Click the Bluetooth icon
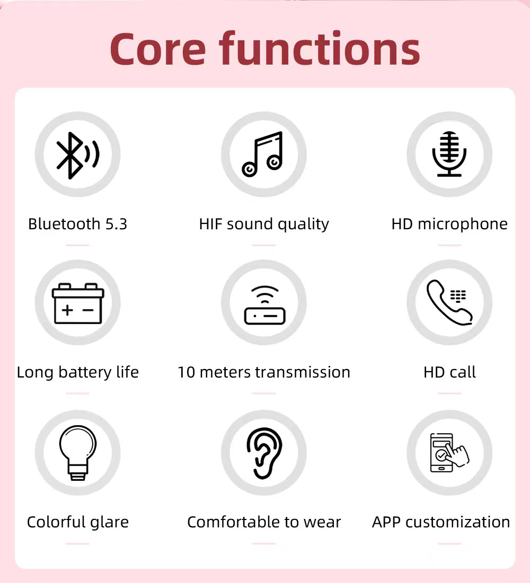coord(77,155)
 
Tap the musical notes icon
coord(263,154)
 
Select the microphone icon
coord(449,154)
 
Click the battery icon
coord(78,303)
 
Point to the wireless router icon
coord(264,306)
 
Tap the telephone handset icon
coord(449,302)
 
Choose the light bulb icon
coord(78,453)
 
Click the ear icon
coord(264,453)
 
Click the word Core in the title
coord(157,49)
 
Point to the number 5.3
coord(116,224)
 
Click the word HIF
coord(211,224)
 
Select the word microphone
coord(462,225)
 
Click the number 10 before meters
coord(187,372)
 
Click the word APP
coord(386,522)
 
